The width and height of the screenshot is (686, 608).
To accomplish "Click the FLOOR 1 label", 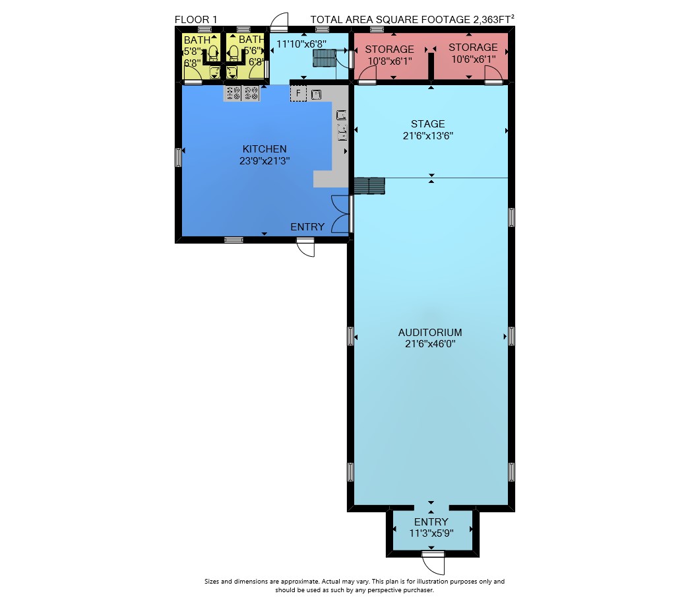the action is click(x=195, y=20).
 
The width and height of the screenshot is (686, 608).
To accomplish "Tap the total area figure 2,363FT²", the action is click(x=493, y=19).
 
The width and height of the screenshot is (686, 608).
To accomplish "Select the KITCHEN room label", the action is click(x=265, y=149).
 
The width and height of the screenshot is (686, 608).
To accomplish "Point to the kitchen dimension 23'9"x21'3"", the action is click(x=265, y=160).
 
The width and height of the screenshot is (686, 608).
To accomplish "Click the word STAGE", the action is click(x=427, y=124).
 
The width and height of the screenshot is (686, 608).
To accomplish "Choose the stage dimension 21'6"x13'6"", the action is click(x=427, y=136).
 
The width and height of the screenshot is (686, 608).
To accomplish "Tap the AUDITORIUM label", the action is click(x=430, y=332).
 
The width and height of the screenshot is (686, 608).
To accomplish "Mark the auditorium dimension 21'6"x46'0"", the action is click(x=430, y=344).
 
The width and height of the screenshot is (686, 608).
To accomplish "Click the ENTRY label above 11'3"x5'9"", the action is click(x=431, y=522).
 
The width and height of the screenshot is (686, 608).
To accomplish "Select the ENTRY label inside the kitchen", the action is click(x=307, y=226).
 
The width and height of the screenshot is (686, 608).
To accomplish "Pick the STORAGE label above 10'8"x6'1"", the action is click(x=389, y=49).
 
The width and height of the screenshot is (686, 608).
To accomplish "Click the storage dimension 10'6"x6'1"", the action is click(x=474, y=59).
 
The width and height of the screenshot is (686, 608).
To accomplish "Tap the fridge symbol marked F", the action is click(x=298, y=93).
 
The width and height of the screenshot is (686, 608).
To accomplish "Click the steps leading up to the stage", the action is click(x=369, y=186).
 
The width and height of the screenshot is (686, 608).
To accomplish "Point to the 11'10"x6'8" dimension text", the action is click(x=301, y=44).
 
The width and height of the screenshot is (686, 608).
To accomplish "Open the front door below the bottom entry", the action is click(x=433, y=563).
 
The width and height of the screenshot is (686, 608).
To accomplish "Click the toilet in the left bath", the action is click(x=213, y=53).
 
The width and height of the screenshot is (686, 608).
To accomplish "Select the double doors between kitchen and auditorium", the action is click(x=342, y=214).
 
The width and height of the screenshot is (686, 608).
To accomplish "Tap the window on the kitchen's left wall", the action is click(x=178, y=157).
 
